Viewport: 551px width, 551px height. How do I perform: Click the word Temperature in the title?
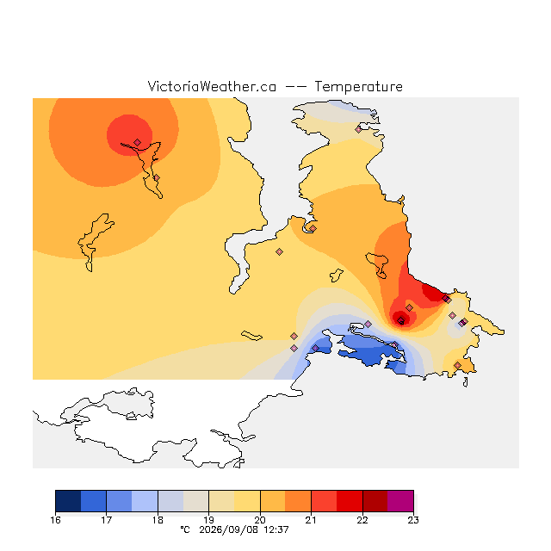click(358, 86)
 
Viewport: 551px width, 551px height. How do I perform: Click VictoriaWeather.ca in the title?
click(212, 86)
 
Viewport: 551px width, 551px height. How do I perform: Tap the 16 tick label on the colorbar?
click(55, 520)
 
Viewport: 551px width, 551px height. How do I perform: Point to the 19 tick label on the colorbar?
click(208, 520)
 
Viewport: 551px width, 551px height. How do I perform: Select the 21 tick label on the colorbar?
click(311, 520)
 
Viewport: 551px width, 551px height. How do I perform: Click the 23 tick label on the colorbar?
click(413, 520)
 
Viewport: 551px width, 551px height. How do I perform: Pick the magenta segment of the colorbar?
click(400, 501)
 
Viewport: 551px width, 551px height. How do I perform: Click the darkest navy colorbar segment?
click(68, 501)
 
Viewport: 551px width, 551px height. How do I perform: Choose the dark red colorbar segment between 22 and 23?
click(375, 501)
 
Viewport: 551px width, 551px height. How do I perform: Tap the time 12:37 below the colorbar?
click(276, 529)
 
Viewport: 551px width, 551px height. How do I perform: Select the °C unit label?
click(185, 529)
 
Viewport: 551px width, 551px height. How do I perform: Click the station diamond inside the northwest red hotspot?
click(138, 142)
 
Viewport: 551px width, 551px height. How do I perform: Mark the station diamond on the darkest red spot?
click(401, 319)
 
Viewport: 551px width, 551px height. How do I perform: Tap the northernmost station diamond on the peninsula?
click(358, 129)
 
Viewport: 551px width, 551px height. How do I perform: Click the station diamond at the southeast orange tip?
click(457, 365)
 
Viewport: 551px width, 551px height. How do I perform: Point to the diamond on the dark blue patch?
click(316, 348)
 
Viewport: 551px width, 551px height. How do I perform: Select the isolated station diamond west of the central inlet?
click(279, 251)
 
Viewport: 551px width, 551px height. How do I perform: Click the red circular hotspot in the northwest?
click(128, 133)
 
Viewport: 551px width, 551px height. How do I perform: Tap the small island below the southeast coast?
click(465, 382)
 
